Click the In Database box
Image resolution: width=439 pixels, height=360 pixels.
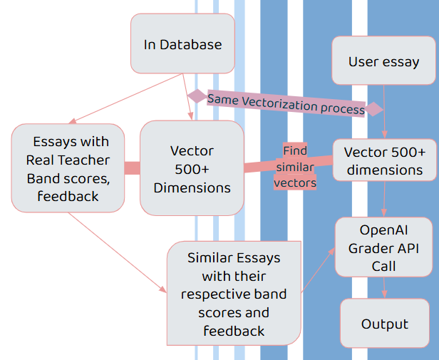(x=182, y=43)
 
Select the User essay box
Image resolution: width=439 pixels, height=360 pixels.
(x=383, y=61)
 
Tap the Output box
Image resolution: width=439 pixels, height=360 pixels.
(x=385, y=323)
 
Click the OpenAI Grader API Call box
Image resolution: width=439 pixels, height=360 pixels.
(x=384, y=247)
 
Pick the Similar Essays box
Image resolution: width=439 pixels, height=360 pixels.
(x=234, y=293)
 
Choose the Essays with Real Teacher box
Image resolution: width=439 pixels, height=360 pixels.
(x=68, y=168)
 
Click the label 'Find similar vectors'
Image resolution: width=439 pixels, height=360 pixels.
(x=295, y=167)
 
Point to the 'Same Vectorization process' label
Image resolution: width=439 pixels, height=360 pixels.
(x=286, y=104)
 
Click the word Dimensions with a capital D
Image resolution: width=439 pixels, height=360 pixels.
(x=192, y=187)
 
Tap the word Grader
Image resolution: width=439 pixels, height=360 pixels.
(x=365, y=249)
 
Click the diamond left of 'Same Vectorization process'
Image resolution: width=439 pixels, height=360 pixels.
(x=197, y=96)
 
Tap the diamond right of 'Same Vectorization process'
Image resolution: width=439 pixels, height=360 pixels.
(x=374, y=109)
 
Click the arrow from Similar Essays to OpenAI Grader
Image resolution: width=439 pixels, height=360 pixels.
(x=319, y=269)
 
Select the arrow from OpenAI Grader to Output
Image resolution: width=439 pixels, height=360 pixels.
(x=384, y=288)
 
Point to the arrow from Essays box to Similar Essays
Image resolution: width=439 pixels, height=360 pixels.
(x=118, y=252)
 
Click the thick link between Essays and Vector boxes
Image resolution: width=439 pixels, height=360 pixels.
(x=132, y=168)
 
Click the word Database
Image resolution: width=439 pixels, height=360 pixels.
(x=191, y=44)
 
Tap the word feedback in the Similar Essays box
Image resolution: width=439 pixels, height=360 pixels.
(x=234, y=331)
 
